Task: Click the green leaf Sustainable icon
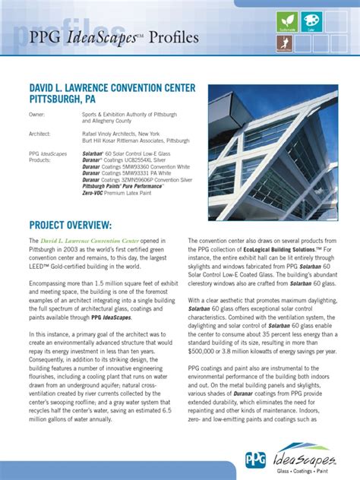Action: pyautogui.click(x=287, y=21)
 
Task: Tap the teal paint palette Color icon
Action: pyautogui.click(x=311, y=21)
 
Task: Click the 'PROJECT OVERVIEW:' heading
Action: pyautogui.click(x=70, y=226)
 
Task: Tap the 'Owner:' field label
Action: pyautogui.click(x=37, y=114)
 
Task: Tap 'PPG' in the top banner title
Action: pyautogui.click(x=47, y=37)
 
